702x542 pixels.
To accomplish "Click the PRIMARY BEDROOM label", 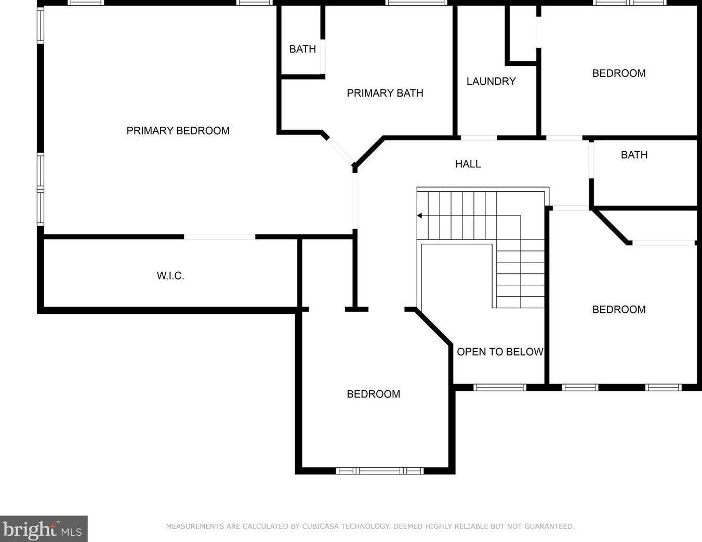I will pyautogui.click(x=178, y=130).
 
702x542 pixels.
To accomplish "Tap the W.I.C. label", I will pyautogui.click(x=170, y=275).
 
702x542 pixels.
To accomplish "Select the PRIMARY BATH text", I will pyautogui.click(x=385, y=93).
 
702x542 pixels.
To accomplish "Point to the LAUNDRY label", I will pyautogui.click(x=491, y=81).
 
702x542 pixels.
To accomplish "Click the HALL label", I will pyautogui.click(x=468, y=164).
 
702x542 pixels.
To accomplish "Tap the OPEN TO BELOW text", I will pyautogui.click(x=500, y=352).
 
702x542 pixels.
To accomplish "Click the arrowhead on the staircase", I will pyautogui.click(x=419, y=216).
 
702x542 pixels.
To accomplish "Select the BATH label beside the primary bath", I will pyautogui.click(x=302, y=49).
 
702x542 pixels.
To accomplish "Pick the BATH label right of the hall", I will pyautogui.click(x=634, y=154).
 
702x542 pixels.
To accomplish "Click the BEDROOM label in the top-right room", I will pyautogui.click(x=619, y=73).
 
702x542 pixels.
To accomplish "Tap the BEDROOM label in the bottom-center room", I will pyautogui.click(x=373, y=394).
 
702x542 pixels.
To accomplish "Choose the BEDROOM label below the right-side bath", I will pyautogui.click(x=619, y=309).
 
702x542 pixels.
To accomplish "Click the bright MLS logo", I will pyautogui.click(x=43, y=529).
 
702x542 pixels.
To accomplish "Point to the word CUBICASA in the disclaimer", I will pyautogui.click(x=317, y=526).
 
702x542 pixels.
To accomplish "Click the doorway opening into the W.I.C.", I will pyautogui.click(x=219, y=237).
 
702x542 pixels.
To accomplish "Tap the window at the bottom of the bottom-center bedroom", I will pyautogui.click(x=380, y=471).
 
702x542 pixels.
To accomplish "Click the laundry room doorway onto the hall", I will pyautogui.click(x=479, y=138).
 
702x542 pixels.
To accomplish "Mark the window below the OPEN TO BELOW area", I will pyautogui.click(x=500, y=387).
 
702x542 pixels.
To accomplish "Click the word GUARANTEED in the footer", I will pyautogui.click(x=549, y=526).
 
